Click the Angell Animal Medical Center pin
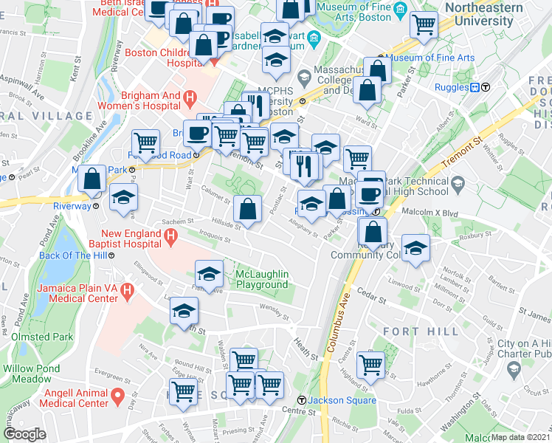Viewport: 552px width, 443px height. (117, 399)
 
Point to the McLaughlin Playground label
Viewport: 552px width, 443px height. (261, 280)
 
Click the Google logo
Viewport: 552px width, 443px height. (24, 434)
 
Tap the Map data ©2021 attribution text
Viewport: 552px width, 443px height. (520, 437)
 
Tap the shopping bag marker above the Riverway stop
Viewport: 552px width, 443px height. (92, 179)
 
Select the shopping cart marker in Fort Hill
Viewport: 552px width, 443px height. (370, 365)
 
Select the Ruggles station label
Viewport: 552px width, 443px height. (452, 87)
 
